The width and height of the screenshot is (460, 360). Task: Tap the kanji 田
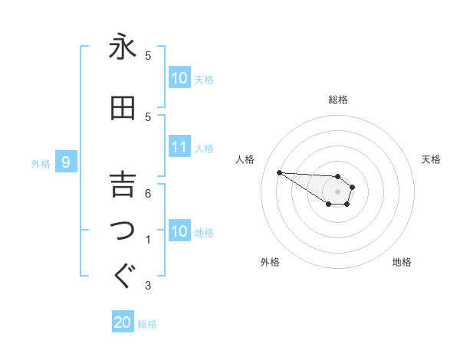click(123, 108)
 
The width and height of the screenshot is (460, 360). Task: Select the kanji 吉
click(123, 185)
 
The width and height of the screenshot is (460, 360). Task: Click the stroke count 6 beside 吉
click(148, 194)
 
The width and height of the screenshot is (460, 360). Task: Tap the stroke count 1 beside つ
click(148, 240)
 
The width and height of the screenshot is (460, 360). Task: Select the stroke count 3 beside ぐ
click(148, 286)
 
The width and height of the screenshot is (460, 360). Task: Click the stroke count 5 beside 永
click(148, 56)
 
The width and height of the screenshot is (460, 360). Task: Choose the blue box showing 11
click(179, 147)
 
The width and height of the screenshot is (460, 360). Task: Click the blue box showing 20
click(123, 322)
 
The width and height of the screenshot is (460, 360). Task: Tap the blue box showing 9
click(66, 162)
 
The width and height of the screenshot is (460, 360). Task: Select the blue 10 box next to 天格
click(179, 78)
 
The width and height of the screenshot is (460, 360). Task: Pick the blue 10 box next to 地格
click(179, 231)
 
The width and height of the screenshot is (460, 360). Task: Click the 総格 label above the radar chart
click(338, 100)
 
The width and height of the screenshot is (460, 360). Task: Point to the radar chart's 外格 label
click(270, 262)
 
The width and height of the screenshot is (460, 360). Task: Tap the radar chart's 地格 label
click(402, 262)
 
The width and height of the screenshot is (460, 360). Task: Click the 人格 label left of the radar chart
click(245, 159)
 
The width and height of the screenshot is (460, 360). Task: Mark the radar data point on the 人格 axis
click(279, 172)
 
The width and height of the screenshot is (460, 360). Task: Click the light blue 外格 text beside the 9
click(41, 163)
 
